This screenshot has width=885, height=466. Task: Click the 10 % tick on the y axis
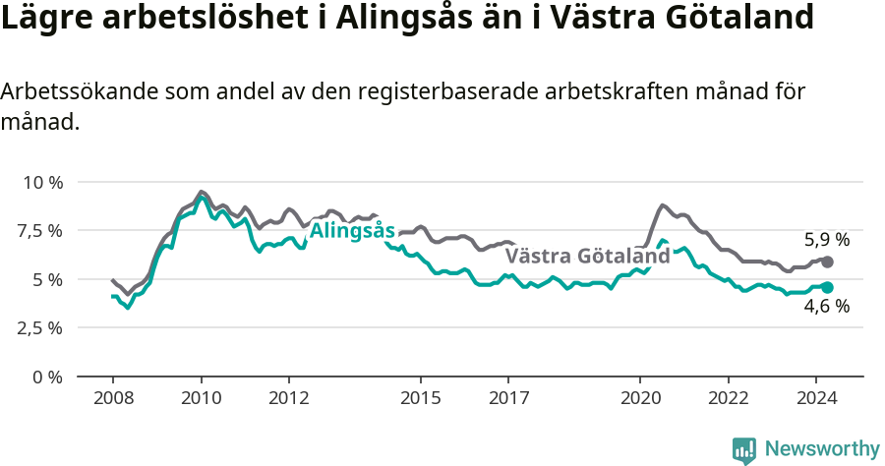coord(42,183)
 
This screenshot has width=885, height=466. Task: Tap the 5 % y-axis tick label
coord(48,279)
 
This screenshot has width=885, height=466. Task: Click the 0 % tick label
coord(48,377)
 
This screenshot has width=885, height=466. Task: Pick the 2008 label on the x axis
coord(113,398)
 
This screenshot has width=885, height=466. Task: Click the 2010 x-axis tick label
coord(202,398)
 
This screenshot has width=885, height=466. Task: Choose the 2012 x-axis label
coord(289,398)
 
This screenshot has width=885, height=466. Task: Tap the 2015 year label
coord(421,398)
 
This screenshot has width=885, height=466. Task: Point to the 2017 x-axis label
coord(508,398)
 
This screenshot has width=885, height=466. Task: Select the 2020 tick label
coord(640,398)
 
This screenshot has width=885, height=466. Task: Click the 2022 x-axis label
coord(728,398)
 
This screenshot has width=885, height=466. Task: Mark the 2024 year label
coord(816,398)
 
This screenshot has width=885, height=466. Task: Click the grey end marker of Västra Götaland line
coord(828,262)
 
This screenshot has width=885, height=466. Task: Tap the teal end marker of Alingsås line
coord(828,287)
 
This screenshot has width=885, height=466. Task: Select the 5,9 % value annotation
coord(827,240)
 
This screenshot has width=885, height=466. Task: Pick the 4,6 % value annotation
coord(827,307)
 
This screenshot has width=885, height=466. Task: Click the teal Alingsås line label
coord(352,231)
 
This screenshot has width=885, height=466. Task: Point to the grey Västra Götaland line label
coord(587,257)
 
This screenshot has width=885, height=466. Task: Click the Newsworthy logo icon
coord(744,450)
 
